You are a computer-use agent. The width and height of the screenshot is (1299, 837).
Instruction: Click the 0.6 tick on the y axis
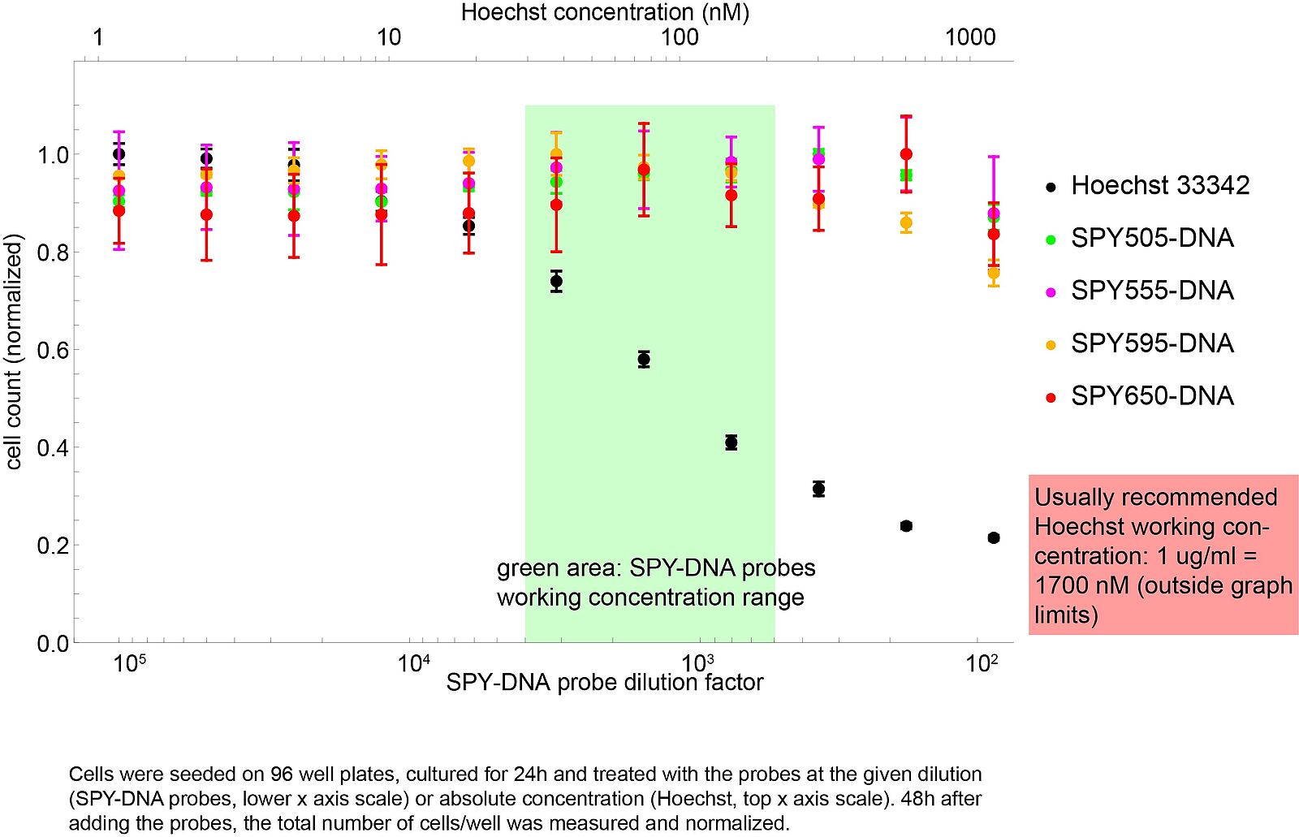tap(53, 350)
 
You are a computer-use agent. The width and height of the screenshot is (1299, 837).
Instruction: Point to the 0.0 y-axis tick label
tap(53, 644)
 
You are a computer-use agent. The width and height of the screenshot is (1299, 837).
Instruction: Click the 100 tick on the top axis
tap(680, 37)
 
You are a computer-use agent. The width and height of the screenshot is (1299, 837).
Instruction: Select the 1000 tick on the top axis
tap(970, 37)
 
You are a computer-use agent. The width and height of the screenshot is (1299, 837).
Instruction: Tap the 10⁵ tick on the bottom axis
tap(130, 664)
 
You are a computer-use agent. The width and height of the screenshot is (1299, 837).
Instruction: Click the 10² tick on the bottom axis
tap(982, 664)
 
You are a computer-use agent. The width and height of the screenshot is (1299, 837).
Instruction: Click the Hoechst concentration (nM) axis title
tap(605, 12)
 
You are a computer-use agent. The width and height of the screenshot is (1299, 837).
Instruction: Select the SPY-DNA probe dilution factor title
tap(605, 683)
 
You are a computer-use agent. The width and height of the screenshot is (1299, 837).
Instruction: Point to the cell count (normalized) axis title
tap(14, 352)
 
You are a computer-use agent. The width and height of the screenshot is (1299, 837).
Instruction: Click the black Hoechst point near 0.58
tap(644, 360)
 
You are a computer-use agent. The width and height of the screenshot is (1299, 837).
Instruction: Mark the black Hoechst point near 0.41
tap(731, 442)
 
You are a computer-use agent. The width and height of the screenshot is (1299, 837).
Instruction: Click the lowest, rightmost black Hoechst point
tap(994, 538)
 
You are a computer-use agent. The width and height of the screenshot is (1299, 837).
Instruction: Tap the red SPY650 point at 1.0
tap(906, 154)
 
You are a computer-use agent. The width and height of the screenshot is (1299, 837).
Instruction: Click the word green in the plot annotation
tap(525, 568)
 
